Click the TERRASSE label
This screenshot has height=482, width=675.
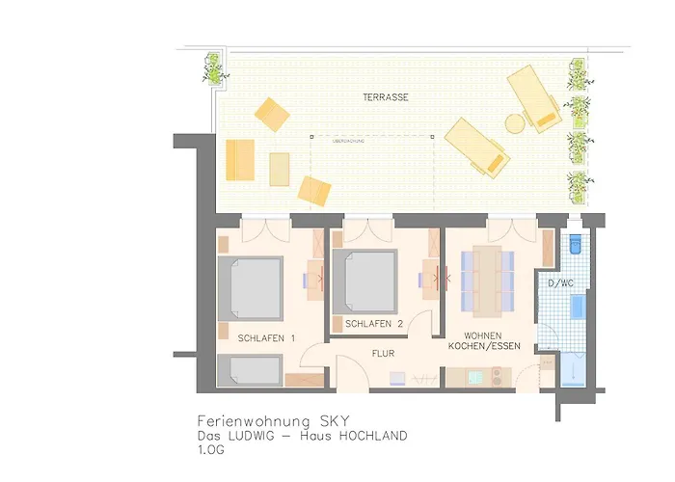point(386,98)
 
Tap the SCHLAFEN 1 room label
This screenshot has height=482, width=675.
point(266,337)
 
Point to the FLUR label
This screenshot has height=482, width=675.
point(384,354)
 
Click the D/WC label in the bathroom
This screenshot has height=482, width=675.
point(562,282)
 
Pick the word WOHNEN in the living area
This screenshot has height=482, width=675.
point(484,335)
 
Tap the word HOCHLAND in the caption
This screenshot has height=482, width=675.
point(370,436)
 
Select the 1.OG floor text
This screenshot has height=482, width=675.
point(211,450)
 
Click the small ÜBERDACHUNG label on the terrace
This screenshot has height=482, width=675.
point(348,142)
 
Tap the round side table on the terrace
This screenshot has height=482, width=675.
point(515,122)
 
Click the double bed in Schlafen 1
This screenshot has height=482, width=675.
point(250,287)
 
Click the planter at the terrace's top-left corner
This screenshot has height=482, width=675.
point(211,68)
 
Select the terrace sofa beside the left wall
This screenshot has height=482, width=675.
point(239,160)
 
